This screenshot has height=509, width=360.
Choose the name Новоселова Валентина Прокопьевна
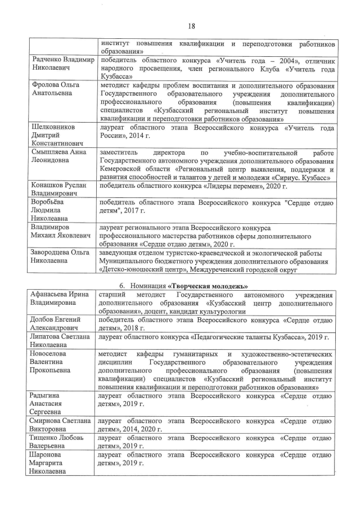tap(52, 363)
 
